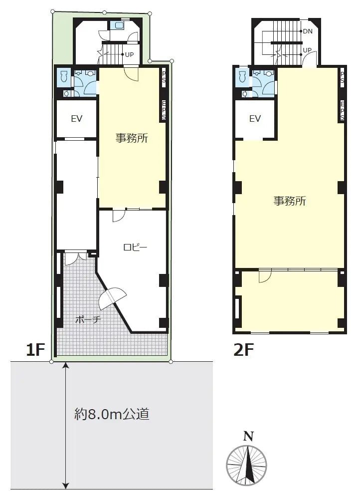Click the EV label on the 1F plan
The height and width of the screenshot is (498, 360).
pyautogui.click(x=76, y=119)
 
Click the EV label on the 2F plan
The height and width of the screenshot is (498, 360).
pyautogui.click(x=255, y=119)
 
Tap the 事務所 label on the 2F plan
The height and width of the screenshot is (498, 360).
pyautogui.click(x=289, y=201)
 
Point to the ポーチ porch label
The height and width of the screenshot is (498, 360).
pyautogui.click(x=88, y=319)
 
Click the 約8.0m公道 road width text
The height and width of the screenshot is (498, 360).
pyautogui.click(x=112, y=414)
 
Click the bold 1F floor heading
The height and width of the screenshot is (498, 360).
pyautogui.click(x=36, y=350)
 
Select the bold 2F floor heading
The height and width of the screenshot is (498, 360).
pyautogui.click(x=244, y=350)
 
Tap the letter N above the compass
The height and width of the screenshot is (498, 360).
pyautogui.click(x=247, y=436)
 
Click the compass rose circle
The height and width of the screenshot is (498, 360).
pyautogui.click(x=247, y=465)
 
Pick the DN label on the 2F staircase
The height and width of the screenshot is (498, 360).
pyautogui.click(x=307, y=31)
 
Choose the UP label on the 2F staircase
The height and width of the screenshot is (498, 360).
pyautogui.click(x=307, y=50)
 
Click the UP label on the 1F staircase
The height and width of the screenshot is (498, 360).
pyautogui.click(x=129, y=55)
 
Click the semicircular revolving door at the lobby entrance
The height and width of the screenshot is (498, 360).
pyautogui.click(x=113, y=298)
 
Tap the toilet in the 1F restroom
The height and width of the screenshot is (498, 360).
pyautogui.click(x=63, y=77)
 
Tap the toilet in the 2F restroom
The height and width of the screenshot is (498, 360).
pyautogui.click(x=242, y=77)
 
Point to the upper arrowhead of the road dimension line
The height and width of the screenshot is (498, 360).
pyautogui.click(x=66, y=367)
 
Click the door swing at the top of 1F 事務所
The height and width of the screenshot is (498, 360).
pyautogui.click(x=131, y=73)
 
